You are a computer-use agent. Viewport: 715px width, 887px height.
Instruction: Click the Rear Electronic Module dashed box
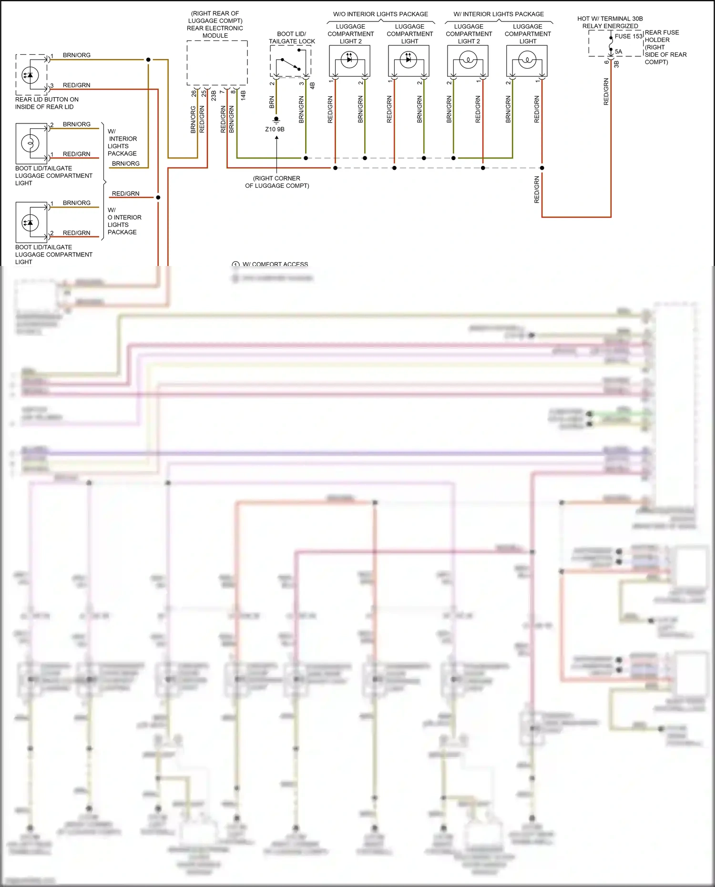point(217,62)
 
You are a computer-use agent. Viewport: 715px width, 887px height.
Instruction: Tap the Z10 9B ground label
point(275,129)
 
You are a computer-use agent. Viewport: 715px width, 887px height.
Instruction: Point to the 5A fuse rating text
point(618,51)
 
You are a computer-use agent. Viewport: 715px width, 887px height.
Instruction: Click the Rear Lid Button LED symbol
point(30,75)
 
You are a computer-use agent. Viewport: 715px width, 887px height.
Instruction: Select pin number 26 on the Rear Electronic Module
point(194,94)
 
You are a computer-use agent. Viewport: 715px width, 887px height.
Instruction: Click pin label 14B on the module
point(243,95)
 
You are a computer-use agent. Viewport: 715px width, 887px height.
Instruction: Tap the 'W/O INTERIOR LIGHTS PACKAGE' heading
point(380,14)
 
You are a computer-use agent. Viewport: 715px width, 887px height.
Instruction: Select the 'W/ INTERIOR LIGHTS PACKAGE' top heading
point(499,14)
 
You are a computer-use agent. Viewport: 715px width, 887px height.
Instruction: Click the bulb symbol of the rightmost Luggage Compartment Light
point(527,60)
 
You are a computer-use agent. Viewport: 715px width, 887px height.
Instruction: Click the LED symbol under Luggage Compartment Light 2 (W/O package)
point(349,60)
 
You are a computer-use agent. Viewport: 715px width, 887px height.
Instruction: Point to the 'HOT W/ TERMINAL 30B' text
point(610,19)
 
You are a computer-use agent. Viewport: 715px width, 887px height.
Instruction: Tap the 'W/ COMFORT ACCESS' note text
point(275,264)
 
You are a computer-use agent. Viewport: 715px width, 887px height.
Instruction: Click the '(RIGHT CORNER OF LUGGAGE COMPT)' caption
point(277,182)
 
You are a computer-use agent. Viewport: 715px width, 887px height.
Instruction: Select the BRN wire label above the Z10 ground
point(272,102)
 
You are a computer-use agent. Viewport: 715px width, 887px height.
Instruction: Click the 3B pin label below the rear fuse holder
point(616,64)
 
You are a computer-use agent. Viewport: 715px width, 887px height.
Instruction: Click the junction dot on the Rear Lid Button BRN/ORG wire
point(148,60)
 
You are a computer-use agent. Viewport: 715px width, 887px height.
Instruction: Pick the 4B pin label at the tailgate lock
point(312,86)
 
